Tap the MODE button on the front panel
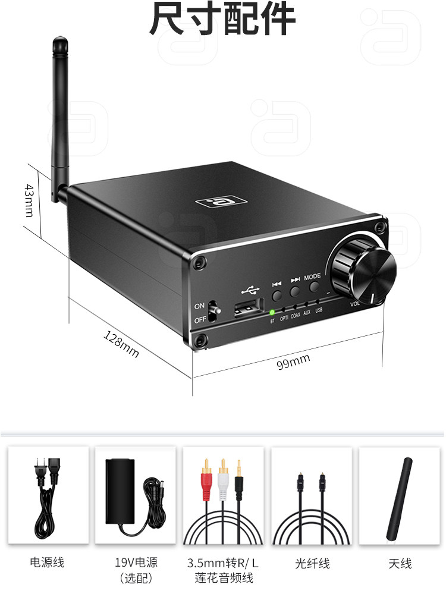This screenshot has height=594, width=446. pos(313,291)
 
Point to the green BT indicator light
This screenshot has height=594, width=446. pos(272,312)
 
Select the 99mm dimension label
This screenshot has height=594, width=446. pos(293,360)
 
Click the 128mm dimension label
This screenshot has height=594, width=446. pos(121,344)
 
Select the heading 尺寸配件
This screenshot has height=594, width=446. pos(222,19)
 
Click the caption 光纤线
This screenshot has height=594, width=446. pos(312,563)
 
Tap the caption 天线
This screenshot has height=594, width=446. pos(400,563)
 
